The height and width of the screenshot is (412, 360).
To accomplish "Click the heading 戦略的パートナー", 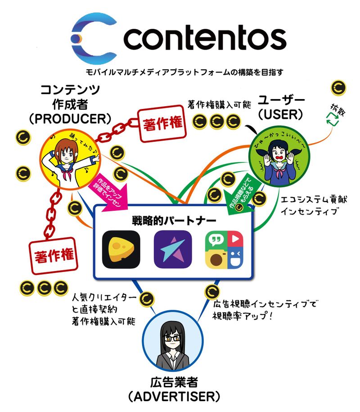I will point(174,221).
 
